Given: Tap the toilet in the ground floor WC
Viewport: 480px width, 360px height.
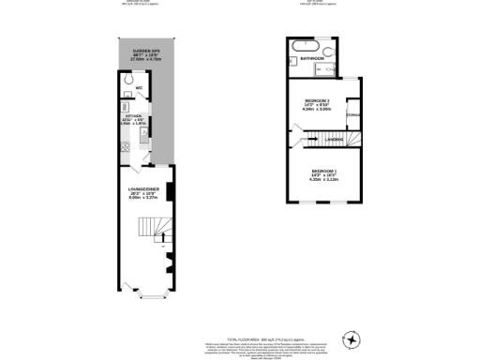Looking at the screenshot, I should point(127,81).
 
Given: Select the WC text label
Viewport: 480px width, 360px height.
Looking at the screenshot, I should point(139,89).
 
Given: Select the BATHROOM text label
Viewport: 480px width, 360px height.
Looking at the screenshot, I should point(313,58).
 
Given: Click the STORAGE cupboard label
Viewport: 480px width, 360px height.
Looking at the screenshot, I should point(352,115).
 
